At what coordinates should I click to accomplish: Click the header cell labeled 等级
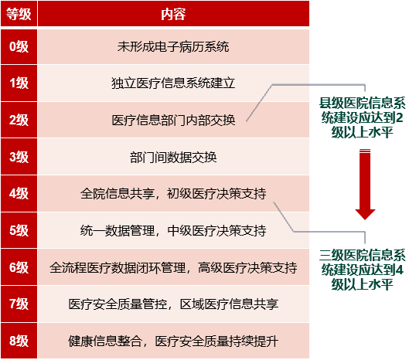[x=19, y=13]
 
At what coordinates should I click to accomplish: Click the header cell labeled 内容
[x=173, y=13]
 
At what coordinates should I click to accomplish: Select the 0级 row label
[x=19, y=46]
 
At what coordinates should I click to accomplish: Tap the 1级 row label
[x=19, y=83]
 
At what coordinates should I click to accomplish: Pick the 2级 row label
[x=19, y=120]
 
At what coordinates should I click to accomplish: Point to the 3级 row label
[x=19, y=157]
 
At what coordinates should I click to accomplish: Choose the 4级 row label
[x=19, y=194]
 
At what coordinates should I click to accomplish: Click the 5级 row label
[x=19, y=230]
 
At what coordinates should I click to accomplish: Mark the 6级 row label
[x=19, y=267]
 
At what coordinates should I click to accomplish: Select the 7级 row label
[x=19, y=304]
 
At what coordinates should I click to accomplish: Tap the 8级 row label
[x=19, y=341]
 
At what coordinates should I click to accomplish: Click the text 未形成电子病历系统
[x=173, y=46]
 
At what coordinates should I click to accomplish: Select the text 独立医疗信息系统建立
[x=173, y=83]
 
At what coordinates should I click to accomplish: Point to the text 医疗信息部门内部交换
[x=173, y=120]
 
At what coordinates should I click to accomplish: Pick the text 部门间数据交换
[x=173, y=157]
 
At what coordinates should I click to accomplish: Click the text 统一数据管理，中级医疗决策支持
[x=173, y=230]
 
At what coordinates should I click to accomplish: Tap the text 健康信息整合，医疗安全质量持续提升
[x=173, y=341]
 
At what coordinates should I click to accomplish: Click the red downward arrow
[x=364, y=185]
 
